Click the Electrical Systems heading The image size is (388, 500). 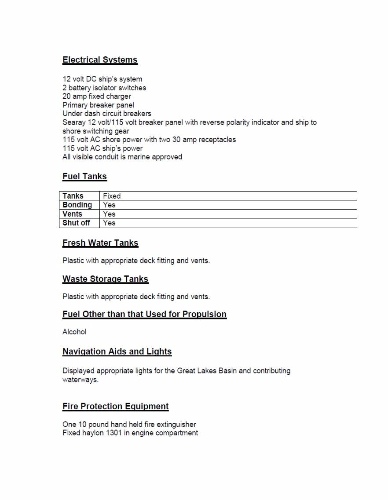100,60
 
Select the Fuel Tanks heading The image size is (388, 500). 84,176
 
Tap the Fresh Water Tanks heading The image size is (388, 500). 100,243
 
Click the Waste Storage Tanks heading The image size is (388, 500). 105,279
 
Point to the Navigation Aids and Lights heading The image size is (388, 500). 117,352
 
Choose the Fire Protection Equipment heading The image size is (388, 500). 115,406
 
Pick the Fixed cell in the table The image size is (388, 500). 112,196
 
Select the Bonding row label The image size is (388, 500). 77,205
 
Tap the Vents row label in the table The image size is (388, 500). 73,214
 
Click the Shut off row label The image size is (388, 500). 76,223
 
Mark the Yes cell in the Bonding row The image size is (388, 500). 109,205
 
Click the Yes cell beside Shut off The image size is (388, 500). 109,223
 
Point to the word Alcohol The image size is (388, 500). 74,332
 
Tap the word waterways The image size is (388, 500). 80,380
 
